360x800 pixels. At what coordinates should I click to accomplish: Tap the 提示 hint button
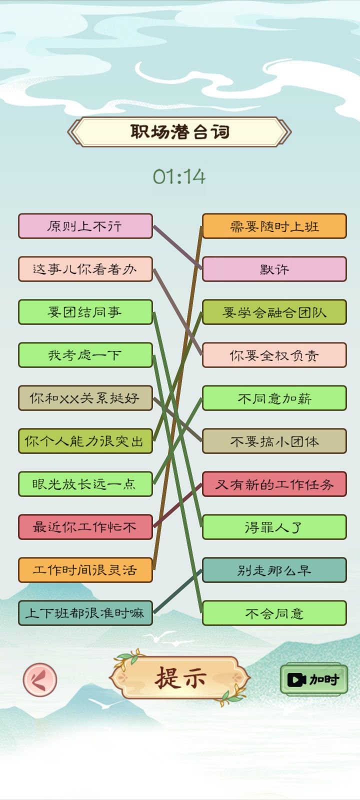180,678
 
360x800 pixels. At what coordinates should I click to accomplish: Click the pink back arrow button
40,679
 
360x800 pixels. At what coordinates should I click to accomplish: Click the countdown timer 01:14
179,176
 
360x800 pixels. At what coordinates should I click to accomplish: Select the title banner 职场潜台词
179,132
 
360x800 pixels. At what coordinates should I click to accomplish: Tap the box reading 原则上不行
85,226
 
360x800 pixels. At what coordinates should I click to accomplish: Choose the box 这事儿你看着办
85,269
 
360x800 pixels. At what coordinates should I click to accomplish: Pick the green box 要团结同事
85,312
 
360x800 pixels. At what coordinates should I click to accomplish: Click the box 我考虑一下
85,355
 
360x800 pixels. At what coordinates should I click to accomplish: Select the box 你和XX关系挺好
85,398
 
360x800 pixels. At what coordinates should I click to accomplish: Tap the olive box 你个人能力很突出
85,441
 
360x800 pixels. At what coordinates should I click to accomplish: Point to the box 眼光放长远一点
85,484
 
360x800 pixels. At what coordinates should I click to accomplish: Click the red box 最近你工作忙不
85,527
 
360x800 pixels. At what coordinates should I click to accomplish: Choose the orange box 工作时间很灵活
85,570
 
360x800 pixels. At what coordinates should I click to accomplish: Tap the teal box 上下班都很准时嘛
85,613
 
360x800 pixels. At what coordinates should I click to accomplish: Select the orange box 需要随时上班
274,226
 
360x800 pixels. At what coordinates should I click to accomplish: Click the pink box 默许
274,269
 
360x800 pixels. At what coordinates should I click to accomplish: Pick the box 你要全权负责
274,355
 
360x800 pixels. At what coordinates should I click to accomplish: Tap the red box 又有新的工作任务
274,484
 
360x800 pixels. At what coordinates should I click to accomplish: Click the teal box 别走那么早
274,570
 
